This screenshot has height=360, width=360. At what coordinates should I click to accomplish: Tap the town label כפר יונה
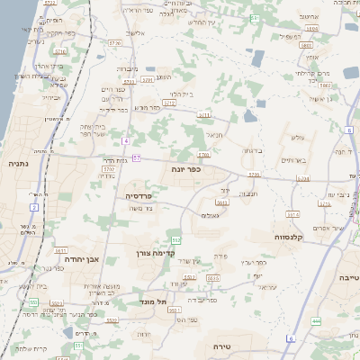click(184, 168)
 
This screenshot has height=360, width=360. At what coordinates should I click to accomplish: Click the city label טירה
click(224, 346)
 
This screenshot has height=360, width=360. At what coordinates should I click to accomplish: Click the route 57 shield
click(138, 158)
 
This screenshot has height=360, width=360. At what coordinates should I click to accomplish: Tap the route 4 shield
click(127, 140)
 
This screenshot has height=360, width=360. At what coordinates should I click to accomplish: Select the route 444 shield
click(316, 320)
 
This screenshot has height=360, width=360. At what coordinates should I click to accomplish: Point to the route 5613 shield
click(222, 202)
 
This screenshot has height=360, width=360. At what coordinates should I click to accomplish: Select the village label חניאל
click(213, 135)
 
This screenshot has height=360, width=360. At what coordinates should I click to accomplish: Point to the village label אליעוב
click(136, 33)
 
